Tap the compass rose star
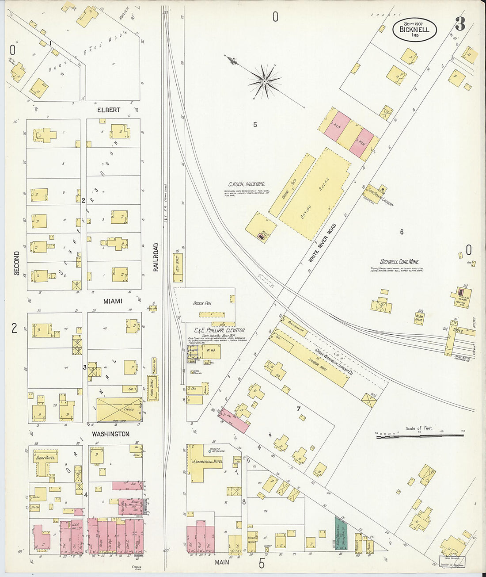[x=264, y=81]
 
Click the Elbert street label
[x=109, y=110]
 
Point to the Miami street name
[x=113, y=301]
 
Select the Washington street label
[x=110, y=434]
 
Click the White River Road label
[x=322, y=243]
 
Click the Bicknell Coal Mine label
[x=399, y=262]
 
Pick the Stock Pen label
[x=202, y=303]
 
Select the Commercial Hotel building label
[x=207, y=461]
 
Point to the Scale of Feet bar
[x=420, y=436]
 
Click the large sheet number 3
[x=459, y=24]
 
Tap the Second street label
[x=17, y=264]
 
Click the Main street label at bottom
[x=222, y=562]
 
